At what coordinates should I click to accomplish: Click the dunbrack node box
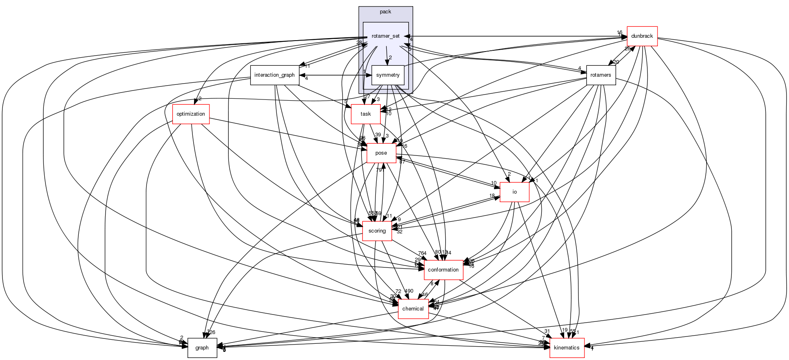click(x=642, y=36)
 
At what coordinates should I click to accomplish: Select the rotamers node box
click(x=601, y=75)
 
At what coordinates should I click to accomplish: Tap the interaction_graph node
click(x=274, y=75)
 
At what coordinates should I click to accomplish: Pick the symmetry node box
click(x=388, y=75)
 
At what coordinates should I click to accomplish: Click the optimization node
click(x=191, y=114)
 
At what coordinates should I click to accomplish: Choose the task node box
click(x=366, y=114)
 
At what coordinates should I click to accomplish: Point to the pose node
click(x=381, y=153)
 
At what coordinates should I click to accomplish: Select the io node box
click(x=514, y=192)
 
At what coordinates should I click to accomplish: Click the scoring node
click(x=377, y=231)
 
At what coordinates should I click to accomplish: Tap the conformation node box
click(x=443, y=270)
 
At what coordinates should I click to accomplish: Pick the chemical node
click(x=413, y=309)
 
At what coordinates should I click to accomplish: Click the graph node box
click(x=202, y=348)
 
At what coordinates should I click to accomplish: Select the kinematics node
click(x=567, y=348)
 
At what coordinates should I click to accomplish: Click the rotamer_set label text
click(x=386, y=36)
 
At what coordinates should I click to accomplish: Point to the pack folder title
click(x=385, y=12)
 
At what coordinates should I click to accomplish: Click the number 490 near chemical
click(x=409, y=291)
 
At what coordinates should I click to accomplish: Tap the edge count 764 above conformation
click(x=423, y=253)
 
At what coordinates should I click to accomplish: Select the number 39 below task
click(x=378, y=135)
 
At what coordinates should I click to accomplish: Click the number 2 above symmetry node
click(x=390, y=58)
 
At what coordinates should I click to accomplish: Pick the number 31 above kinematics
click(x=547, y=331)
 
